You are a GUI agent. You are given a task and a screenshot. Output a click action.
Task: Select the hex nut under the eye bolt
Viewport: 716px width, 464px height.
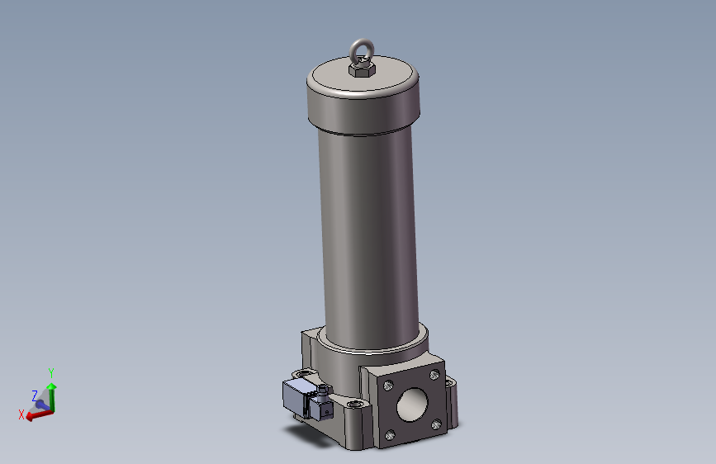(361, 70)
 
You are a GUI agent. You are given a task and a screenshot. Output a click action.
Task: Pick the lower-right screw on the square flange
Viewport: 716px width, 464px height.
(436, 424)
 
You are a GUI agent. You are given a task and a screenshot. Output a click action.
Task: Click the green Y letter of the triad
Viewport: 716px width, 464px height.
(51, 372)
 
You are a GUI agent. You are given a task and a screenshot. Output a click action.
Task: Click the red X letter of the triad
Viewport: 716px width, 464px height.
(21, 414)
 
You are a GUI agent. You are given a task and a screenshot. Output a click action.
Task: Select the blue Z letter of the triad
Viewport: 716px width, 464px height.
(34, 395)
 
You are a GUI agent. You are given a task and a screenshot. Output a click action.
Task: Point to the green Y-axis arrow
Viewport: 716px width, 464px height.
(51, 393)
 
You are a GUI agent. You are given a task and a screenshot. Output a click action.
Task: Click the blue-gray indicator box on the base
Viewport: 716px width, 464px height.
(296, 400)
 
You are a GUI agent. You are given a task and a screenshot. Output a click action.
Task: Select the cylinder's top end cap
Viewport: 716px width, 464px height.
(363, 97)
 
